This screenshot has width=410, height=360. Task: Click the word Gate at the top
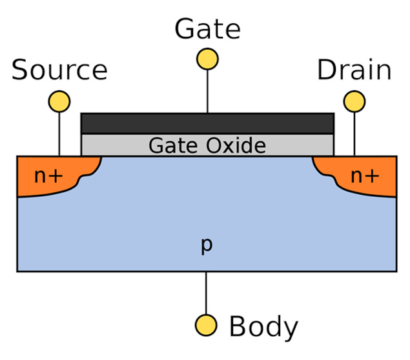click(x=207, y=29)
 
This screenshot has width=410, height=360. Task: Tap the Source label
click(x=59, y=70)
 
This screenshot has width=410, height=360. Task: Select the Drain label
click(x=354, y=70)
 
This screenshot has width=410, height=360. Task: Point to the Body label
click(x=263, y=327)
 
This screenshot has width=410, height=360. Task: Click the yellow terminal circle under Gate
click(x=207, y=59)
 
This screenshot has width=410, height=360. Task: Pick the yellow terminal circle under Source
click(x=59, y=101)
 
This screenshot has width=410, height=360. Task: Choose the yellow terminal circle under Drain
click(x=354, y=101)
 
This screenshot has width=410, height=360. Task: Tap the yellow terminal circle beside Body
click(x=207, y=324)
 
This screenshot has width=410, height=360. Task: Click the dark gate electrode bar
click(x=207, y=123)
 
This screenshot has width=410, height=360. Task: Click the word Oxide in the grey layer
click(x=236, y=145)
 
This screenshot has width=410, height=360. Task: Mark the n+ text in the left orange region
click(x=48, y=175)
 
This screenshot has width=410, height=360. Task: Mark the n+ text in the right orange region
click(x=365, y=175)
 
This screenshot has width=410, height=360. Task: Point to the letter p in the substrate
click(x=207, y=245)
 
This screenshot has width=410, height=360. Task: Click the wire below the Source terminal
click(x=59, y=133)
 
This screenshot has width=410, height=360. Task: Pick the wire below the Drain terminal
click(x=354, y=133)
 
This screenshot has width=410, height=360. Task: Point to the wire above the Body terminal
click(x=207, y=293)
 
